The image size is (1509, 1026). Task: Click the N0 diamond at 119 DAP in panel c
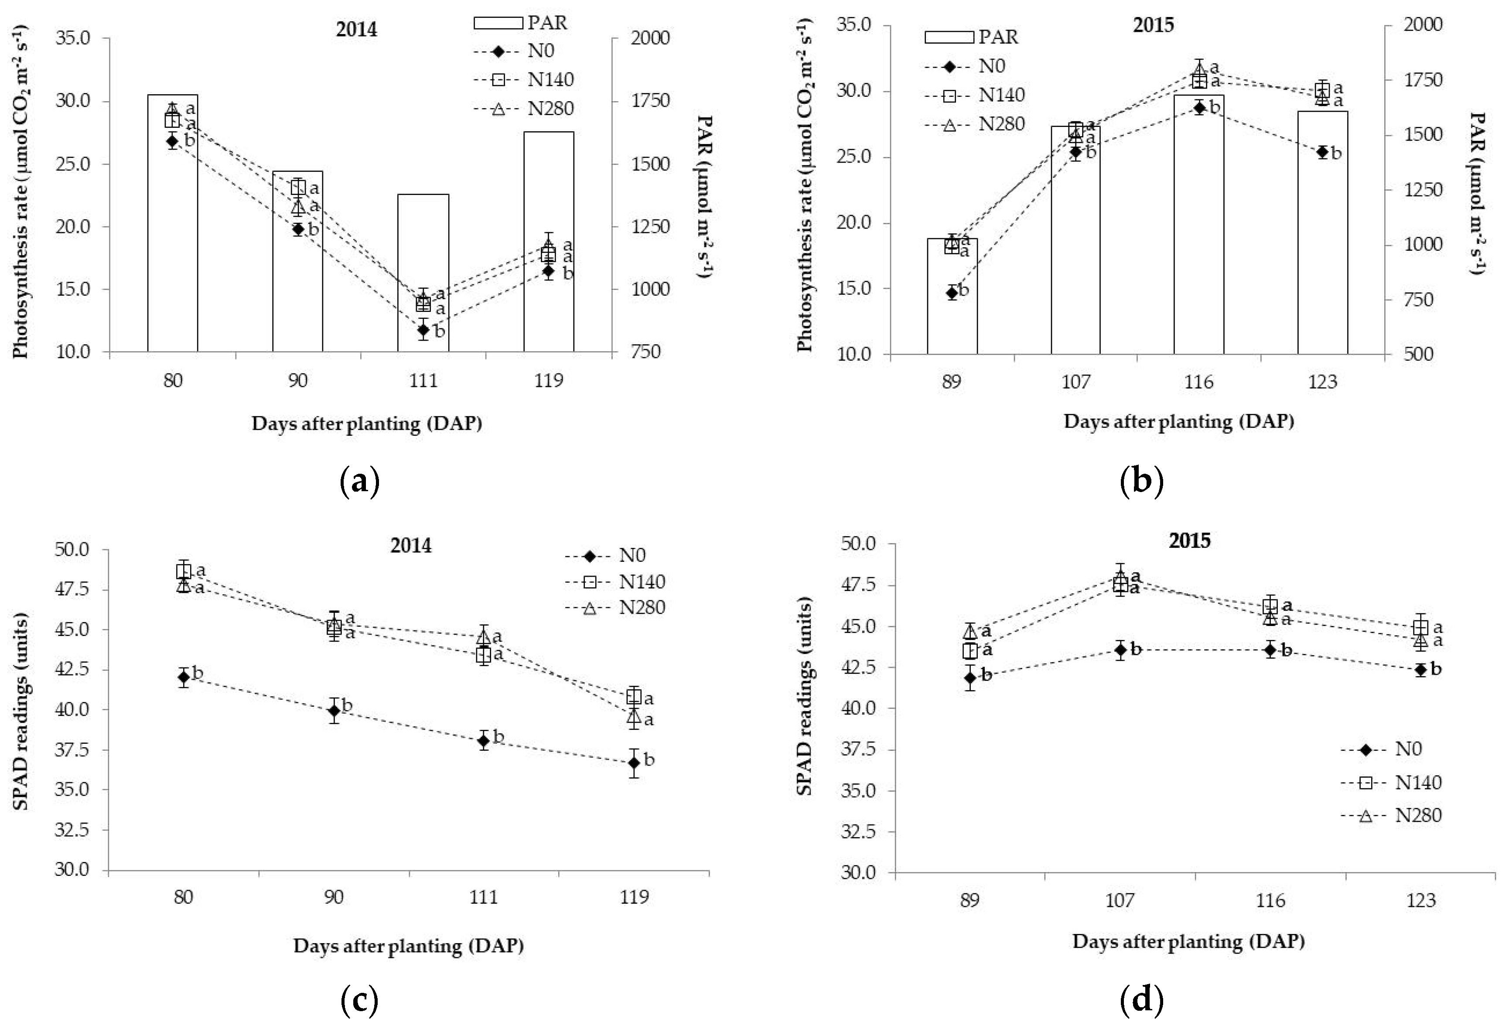tap(634, 763)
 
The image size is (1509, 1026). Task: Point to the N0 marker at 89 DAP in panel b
tap(952, 292)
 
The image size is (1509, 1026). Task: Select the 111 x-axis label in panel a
tap(423, 380)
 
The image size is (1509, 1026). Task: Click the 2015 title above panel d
tap(1190, 540)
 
